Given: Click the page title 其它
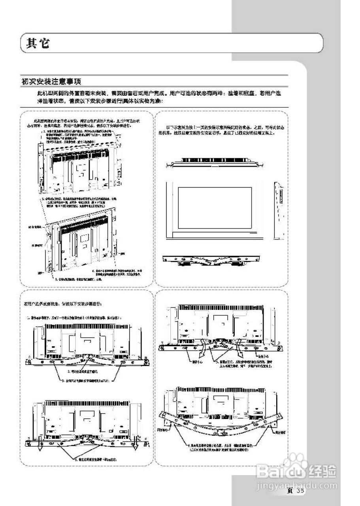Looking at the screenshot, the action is (38, 43).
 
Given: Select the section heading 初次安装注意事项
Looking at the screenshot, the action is (52, 81).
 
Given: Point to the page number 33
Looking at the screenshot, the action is (300, 491).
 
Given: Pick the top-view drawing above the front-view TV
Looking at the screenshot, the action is (215, 163).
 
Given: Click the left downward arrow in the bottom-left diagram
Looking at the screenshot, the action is (40, 448).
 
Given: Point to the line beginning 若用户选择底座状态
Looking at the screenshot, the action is (63, 304).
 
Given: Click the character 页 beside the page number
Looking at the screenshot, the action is (290, 491).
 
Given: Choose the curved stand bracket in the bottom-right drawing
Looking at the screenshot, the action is (221, 425).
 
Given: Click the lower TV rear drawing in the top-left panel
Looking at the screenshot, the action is (85, 243).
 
